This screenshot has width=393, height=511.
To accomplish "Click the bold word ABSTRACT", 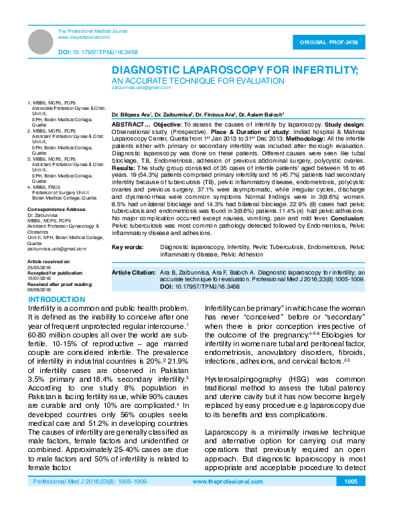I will pyautogui.click(x=125, y=125).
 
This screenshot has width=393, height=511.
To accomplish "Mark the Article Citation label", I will pyautogui.click(x=133, y=273).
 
